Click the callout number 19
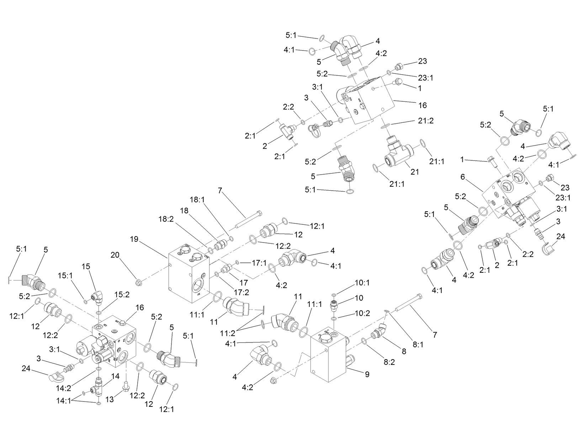coord(134,239)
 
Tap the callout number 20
coord(115,255)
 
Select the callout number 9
coord(367,374)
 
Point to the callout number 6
coord(462,176)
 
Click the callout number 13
coord(110,400)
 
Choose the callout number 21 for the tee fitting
coord(414,172)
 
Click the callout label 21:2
coord(426,121)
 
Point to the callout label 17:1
coord(259,264)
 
